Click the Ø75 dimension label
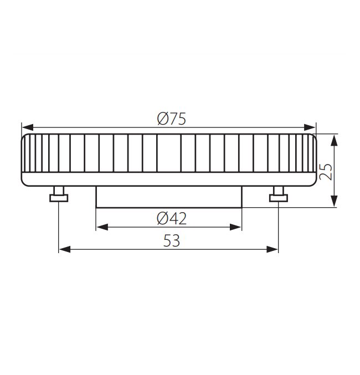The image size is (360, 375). [x=171, y=119]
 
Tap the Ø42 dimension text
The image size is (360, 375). [x=172, y=219]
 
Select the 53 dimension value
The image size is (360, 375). [x=172, y=241]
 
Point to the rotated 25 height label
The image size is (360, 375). [x=326, y=172]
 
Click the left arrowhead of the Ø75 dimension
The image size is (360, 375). [x=28, y=127]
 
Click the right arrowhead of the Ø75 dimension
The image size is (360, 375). [x=310, y=127]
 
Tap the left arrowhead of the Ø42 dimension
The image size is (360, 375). [x=102, y=227]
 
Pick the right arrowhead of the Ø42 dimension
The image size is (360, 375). [x=235, y=227]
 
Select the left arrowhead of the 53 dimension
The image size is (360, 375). [x=65, y=249]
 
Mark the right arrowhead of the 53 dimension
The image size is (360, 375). [x=272, y=249]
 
